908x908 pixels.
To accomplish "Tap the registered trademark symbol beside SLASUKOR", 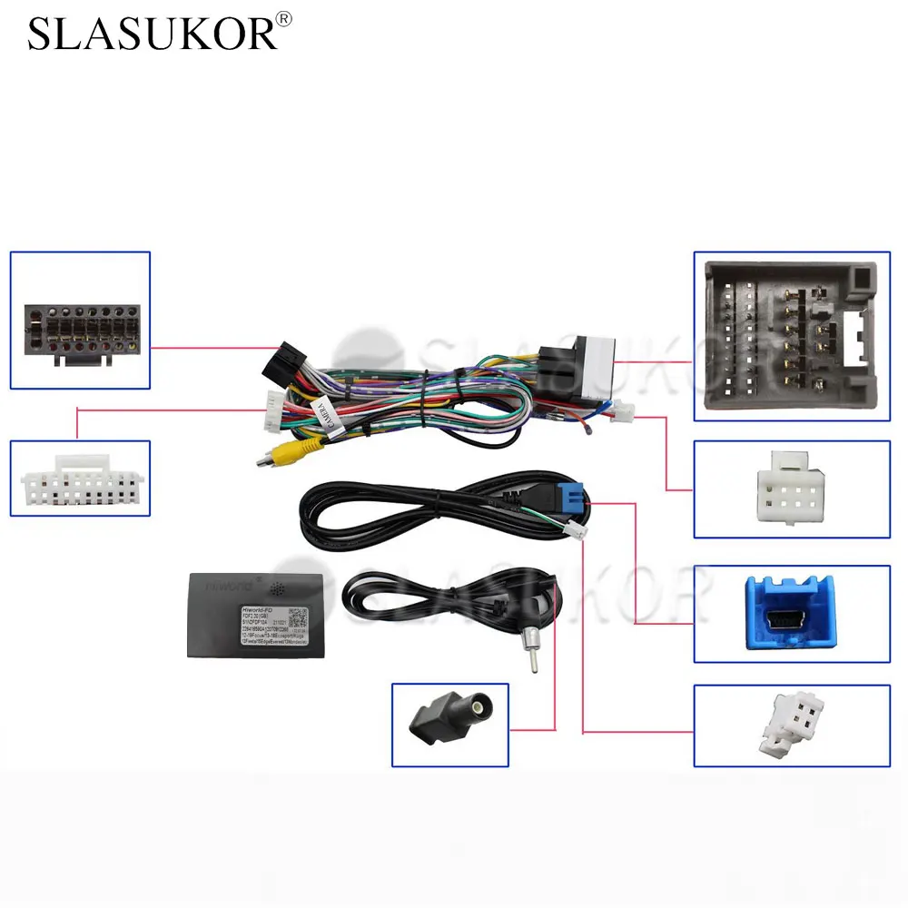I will point(284,18).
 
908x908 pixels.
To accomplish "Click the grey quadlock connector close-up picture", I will point(791,335).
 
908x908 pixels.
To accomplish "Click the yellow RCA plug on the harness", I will point(311,446).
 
